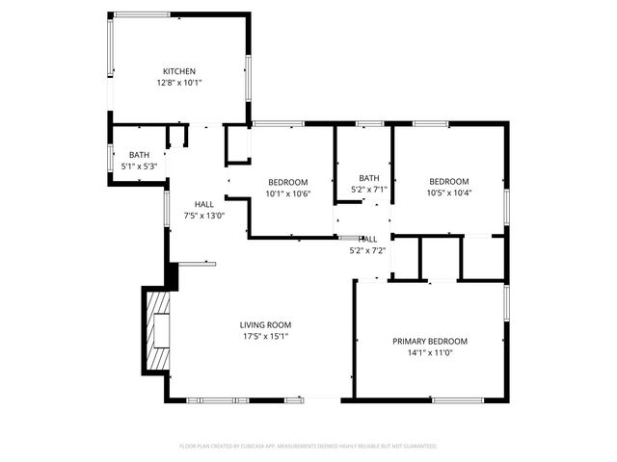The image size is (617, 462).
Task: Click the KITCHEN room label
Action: (x=179, y=71)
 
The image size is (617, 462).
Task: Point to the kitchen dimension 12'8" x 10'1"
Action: (x=179, y=83)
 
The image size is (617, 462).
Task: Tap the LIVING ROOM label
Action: (x=266, y=324)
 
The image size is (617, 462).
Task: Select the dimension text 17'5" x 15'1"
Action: (x=266, y=336)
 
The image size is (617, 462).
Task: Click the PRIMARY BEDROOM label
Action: (x=430, y=341)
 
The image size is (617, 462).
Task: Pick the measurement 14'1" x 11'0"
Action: (x=430, y=352)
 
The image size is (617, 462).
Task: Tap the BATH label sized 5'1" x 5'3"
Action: (x=140, y=155)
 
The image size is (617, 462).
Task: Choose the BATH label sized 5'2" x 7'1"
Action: (x=369, y=178)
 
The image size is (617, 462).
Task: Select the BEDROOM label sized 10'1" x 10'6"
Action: (x=288, y=183)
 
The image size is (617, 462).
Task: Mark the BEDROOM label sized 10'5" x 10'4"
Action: (x=449, y=182)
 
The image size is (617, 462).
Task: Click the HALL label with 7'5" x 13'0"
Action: (x=204, y=204)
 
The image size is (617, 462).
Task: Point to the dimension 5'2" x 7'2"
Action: (x=367, y=250)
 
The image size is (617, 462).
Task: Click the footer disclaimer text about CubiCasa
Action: (x=308, y=446)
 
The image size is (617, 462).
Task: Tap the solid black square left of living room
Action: (x=173, y=276)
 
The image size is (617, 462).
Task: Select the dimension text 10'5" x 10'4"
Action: (x=449, y=193)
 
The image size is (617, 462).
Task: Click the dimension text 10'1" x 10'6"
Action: (x=288, y=194)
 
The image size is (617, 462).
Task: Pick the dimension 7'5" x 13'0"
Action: (x=204, y=216)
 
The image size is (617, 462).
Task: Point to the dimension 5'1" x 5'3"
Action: (x=140, y=167)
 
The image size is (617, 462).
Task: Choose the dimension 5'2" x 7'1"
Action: (x=369, y=190)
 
